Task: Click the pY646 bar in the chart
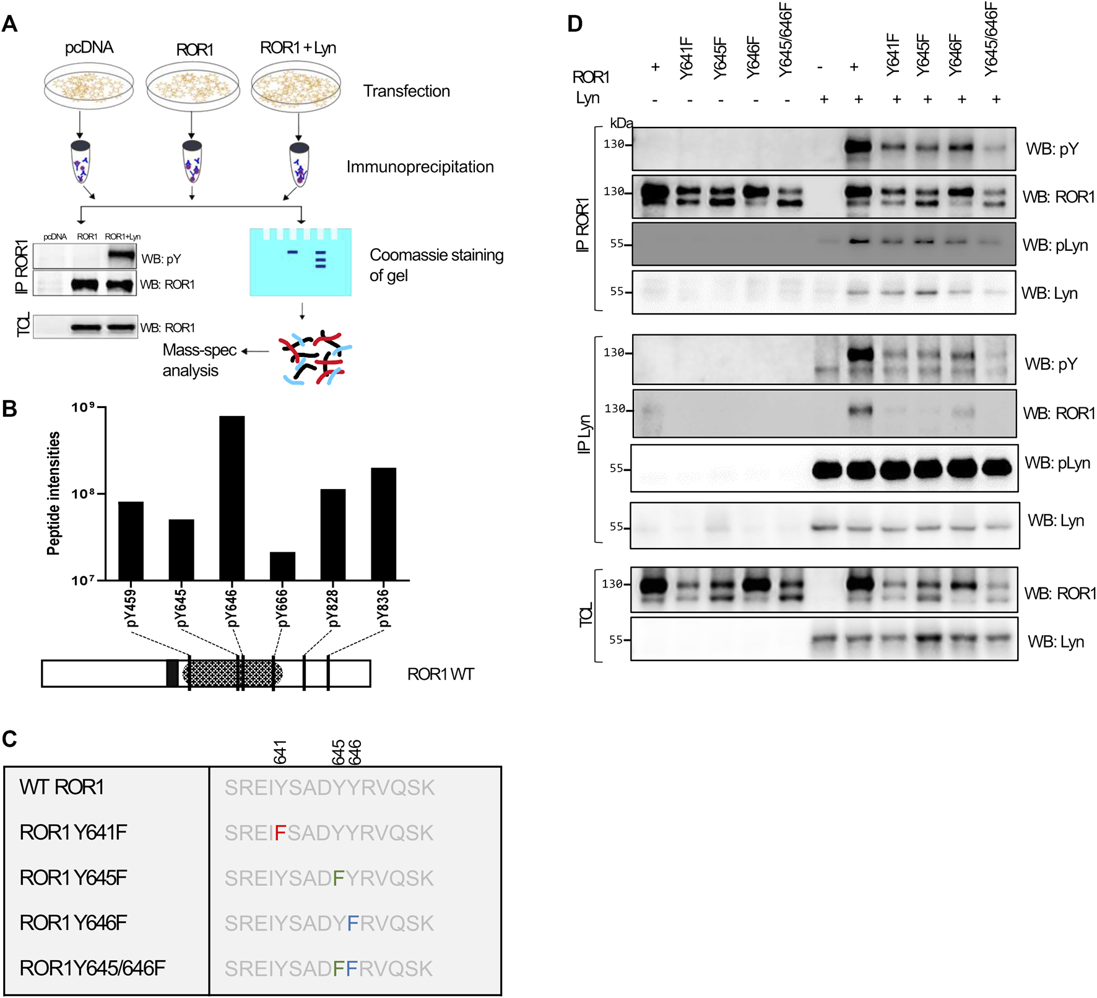coord(232,498)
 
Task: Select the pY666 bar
coord(282,566)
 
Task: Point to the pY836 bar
coord(383,524)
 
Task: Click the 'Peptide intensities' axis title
coord(54,493)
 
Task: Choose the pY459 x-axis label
coord(131,608)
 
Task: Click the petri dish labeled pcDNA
coord(89,87)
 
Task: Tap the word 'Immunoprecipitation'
coord(420,167)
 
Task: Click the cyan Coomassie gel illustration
coord(300,262)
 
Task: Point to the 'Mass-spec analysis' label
coord(199,360)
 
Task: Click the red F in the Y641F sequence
coord(280,833)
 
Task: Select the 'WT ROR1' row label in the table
coord(62,788)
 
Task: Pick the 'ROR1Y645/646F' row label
coord(93,968)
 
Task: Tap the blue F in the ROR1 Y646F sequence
coord(353,924)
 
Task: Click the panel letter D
coord(575,24)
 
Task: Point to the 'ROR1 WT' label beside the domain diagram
coord(440,674)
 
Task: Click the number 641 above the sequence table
coord(280,752)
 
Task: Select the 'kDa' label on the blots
coord(621,123)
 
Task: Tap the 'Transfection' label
coord(406,91)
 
